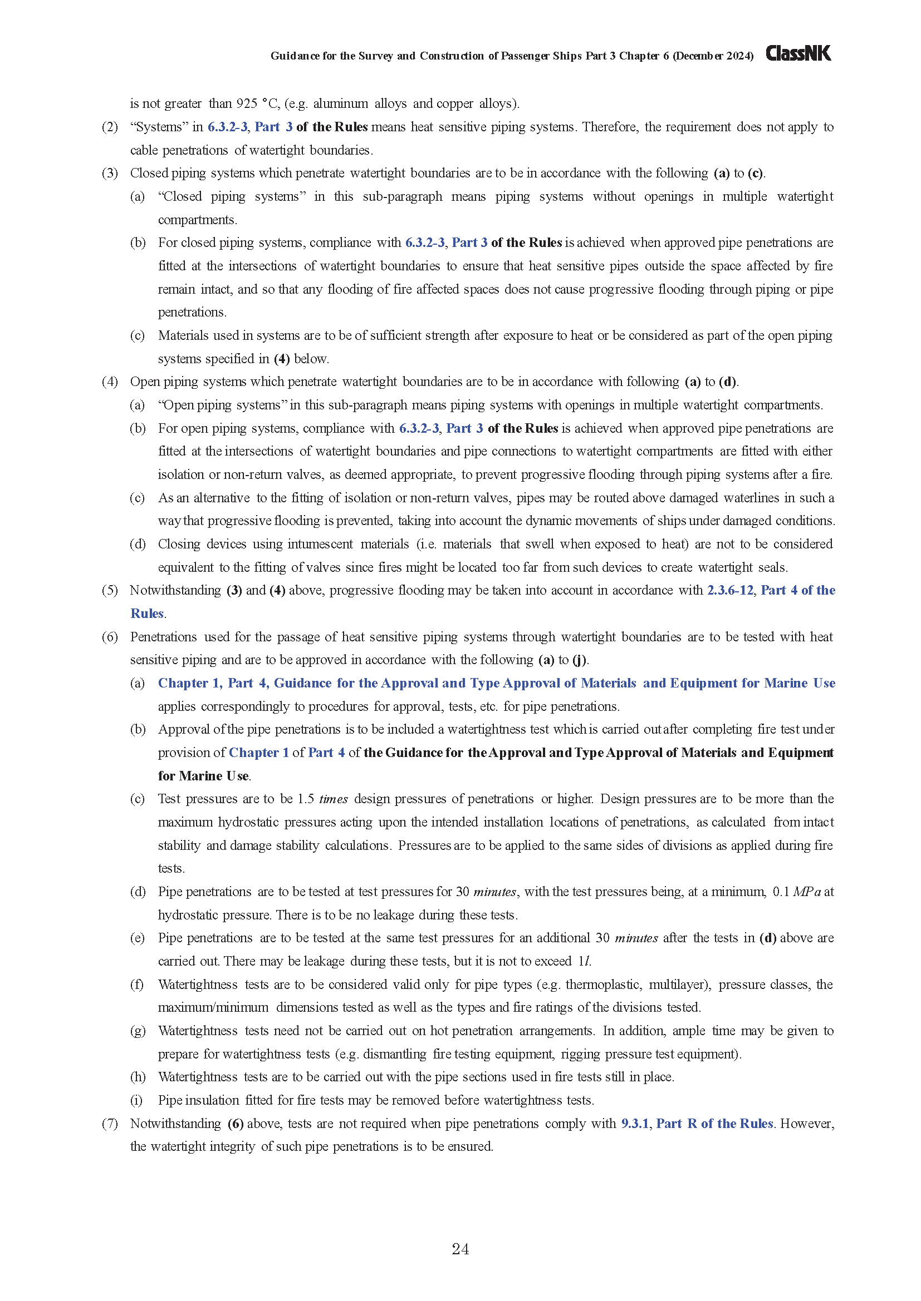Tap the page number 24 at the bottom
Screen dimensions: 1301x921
point(460,1249)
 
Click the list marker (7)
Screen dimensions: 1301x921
point(110,1124)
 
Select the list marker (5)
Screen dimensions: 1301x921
point(110,591)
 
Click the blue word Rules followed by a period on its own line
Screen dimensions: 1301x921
point(147,614)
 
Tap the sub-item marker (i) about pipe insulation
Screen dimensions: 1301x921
point(136,1100)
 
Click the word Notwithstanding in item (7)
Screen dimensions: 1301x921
point(175,1124)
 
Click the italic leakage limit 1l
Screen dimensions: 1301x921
point(584,962)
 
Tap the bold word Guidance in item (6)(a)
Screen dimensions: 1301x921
point(302,684)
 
